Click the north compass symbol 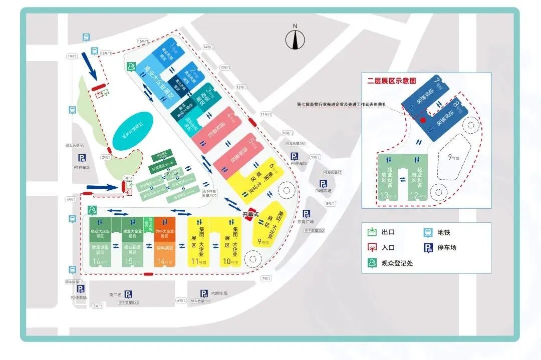[x=296, y=39]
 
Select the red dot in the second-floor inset [x=423, y=120]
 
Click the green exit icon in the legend [x=372, y=232]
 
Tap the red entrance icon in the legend [x=372, y=247]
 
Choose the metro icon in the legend [x=428, y=232]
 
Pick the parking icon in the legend [x=428, y=247]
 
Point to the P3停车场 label [x=219, y=293]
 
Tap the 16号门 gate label [x=105, y=53]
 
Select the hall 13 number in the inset [x=385, y=195]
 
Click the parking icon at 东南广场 [x=306, y=214]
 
